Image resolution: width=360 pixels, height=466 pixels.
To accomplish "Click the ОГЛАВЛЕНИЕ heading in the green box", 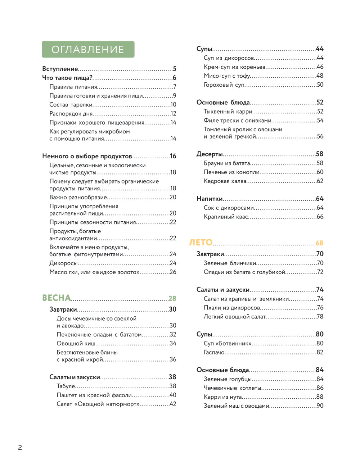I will coord(88,50).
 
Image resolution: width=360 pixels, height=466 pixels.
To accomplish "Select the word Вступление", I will coord(60,69).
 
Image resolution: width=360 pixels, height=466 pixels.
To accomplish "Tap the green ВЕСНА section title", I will coord(57,298).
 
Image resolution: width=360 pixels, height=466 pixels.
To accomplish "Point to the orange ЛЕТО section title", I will coord(201,243).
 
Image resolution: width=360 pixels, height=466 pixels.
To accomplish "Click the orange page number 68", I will coord(319,243).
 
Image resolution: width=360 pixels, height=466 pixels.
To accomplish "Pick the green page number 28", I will coord(172,298).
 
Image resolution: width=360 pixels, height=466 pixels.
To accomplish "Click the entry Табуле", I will coord(66,386).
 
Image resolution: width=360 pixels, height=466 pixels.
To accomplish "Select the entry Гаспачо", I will coord(214,352).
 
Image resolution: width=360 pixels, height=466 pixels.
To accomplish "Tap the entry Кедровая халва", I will coord(225,181).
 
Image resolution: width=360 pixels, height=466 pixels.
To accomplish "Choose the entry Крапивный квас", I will coord(226,217).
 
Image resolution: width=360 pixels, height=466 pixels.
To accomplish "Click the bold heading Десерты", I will coord(210,154).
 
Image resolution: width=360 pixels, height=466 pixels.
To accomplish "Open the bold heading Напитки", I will coord(210,199).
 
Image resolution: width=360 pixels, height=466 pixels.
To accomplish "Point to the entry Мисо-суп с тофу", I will coord(227,76).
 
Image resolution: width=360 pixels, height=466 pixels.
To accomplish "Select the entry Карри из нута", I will coord(223,397).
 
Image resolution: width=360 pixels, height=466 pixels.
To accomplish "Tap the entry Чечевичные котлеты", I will coord(233,388).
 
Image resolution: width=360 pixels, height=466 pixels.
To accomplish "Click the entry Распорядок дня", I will coord(71,114).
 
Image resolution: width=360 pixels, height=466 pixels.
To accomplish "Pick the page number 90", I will coord(320,406).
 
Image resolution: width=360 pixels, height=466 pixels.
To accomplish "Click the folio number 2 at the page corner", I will coord(20,448).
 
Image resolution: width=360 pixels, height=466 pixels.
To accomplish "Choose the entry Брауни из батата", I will coord(227,163).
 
